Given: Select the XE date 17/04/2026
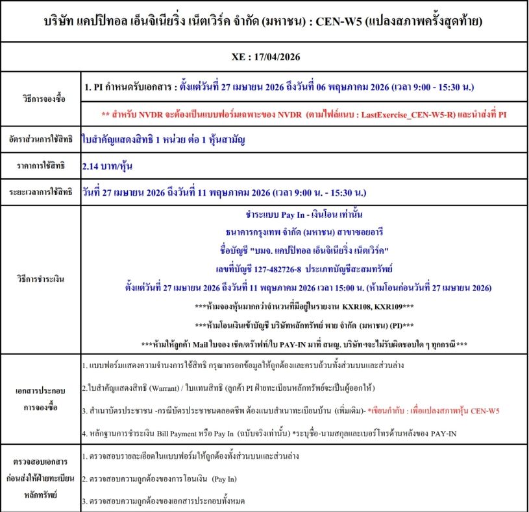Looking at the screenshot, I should pos(281,57).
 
